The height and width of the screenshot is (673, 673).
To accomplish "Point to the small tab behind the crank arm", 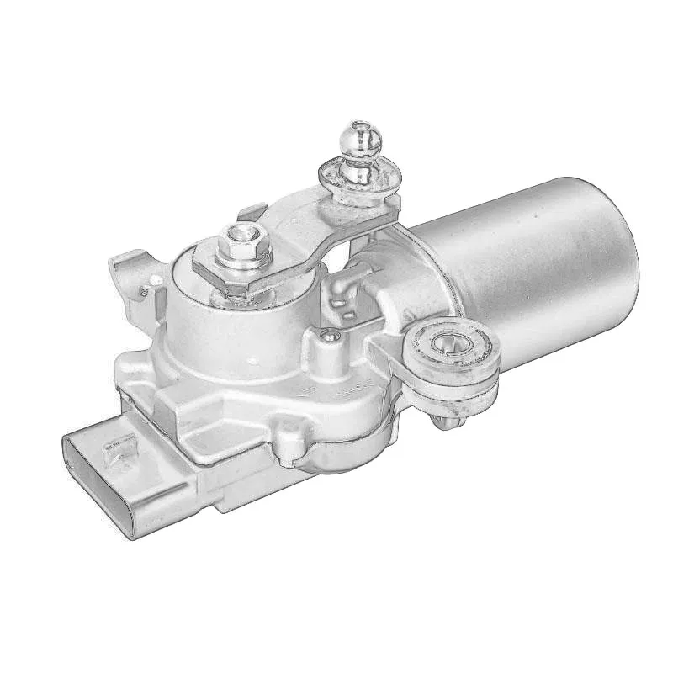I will (x=249, y=205).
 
